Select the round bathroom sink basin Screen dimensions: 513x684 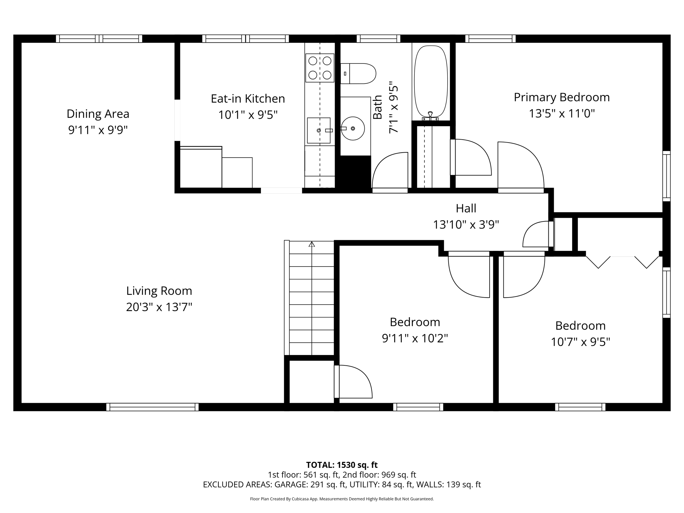(x=353, y=128)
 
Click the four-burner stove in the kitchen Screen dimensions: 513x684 (x=320, y=68)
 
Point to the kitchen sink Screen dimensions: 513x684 (x=319, y=130)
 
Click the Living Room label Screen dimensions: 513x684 (x=159, y=291)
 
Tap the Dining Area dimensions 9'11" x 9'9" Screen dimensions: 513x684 (x=98, y=130)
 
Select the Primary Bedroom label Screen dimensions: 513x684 (x=561, y=97)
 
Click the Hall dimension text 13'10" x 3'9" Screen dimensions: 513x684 (x=466, y=225)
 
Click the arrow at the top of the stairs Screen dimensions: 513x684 (x=312, y=244)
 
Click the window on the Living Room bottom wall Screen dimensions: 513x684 (x=152, y=407)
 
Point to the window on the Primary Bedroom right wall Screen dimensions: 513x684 (x=666, y=176)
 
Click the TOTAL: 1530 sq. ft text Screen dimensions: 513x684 (x=342, y=465)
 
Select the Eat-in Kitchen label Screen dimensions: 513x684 (x=248, y=99)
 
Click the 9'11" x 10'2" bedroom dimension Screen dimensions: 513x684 (x=414, y=339)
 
